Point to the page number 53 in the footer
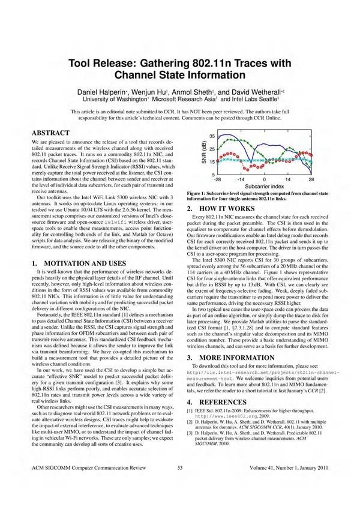pyautogui.click(x=179, y=484)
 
